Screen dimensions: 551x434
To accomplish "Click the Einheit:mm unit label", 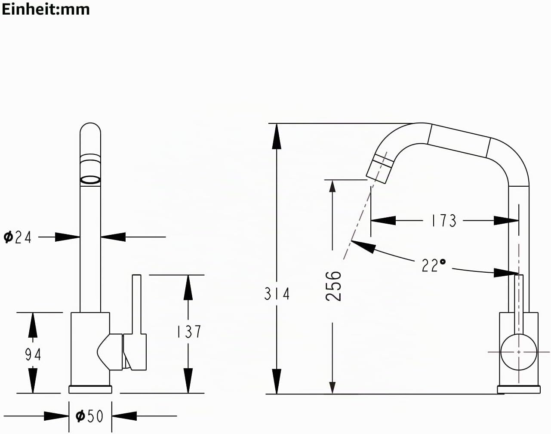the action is click(46, 9).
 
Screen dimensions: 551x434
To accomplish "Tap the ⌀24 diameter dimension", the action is click(17, 237).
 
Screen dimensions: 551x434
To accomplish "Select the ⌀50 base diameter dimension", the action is click(89, 416).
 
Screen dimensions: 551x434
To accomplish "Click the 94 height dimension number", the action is click(33, 354).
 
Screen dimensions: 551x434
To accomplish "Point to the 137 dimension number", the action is click(189, 332).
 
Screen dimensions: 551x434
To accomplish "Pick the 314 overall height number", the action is click(277, 294).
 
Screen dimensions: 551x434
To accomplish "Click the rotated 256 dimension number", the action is click(333, 286).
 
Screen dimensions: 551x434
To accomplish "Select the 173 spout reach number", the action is click(444, 221).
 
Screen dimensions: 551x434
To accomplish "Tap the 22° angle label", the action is click(434, 265).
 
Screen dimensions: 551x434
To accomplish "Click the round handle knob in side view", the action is click(518, 352).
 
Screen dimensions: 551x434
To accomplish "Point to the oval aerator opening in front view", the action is click(90, 180).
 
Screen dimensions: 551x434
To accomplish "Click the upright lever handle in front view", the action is click(137, 304).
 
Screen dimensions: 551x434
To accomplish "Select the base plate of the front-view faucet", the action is click(90, 389).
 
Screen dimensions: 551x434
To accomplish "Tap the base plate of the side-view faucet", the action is click(519, 389).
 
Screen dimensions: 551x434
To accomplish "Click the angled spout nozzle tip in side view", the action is click(379, 168).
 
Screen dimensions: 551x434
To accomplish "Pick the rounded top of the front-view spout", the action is click(90, 129).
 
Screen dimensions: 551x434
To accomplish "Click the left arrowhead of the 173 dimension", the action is click(383, 221).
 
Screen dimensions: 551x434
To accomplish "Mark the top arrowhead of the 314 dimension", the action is click(277, 136).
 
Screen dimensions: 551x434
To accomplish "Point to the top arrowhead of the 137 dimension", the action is click(188, 287).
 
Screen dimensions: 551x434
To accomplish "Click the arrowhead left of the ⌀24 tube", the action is click(68, 237).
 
